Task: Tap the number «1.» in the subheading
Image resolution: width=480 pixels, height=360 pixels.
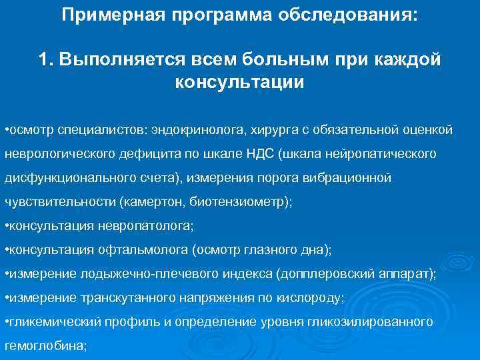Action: pyautogui.click(x=46, y=59)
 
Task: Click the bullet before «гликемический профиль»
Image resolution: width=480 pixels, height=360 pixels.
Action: pyautogui.click(x=6, y=322)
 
